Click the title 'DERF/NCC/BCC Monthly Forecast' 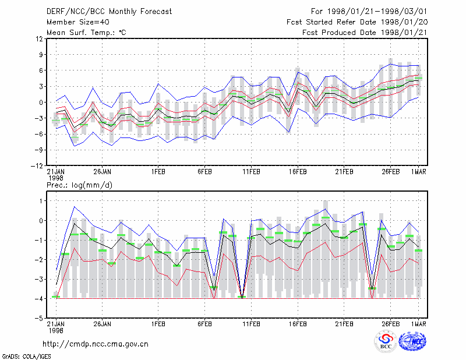[x=109, y=12]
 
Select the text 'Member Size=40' [x=78, y=22]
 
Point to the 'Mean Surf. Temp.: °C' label [x=86, y=33]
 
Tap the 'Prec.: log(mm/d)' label [x=79, y=185]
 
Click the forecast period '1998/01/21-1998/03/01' [x=377, y=12]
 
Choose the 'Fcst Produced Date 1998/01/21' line [x=365, y=33]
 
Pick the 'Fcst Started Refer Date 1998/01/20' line [x=357, y=22]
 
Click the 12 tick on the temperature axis [x=39, y=38]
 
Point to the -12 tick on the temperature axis [x=37, y=166]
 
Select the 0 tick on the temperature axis [x=41, y=103]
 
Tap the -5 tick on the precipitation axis [x=39, y=318]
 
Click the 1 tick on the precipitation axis [x=41, y=201]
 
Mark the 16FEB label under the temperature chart [x=298, y=172]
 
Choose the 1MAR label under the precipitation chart [x=418, y=324]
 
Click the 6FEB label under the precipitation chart [x=204, y=324]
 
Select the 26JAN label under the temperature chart [x=103, y=172]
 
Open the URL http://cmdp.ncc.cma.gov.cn [x=96, y=344]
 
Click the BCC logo [x=386, y=341]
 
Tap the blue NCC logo [x=412, y=341]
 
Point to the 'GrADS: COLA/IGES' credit [x=26, y=357]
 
